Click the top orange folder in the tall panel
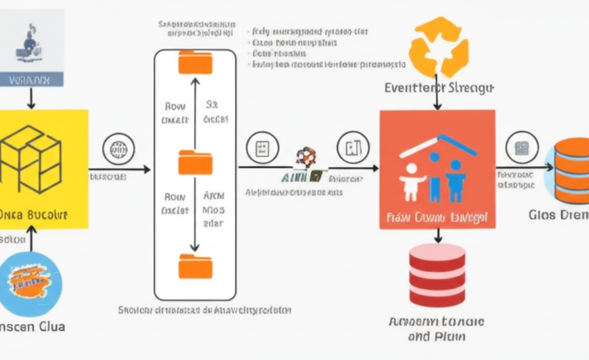pos(195,62)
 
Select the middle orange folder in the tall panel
pos(195,163)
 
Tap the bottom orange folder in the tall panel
pos(195,266)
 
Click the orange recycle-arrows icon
pos(439,47)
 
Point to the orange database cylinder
pos(571,171)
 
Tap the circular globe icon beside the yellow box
pos(118,148)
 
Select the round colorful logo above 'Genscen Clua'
pos(31,284)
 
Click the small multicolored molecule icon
pos(306,157)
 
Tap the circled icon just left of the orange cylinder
pos(522,148)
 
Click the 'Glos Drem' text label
pos(559,215)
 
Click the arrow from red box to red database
pos(437,235)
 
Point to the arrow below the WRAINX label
pos(31,97)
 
